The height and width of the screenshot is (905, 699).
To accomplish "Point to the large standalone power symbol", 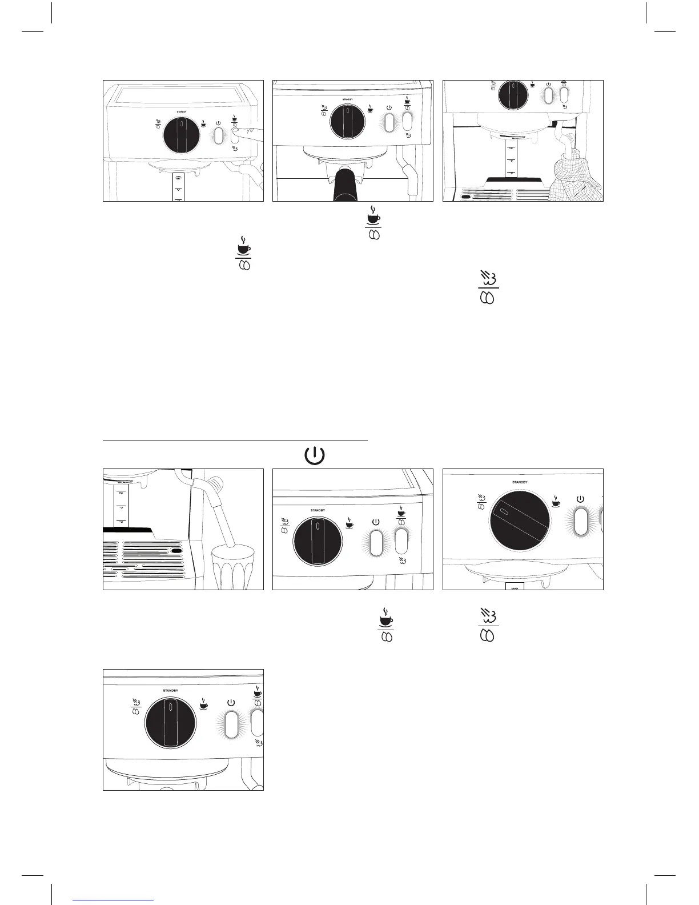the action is coord(315,456).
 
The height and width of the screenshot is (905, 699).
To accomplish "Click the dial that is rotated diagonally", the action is coord(519,524).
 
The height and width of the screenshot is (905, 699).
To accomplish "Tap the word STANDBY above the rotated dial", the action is coord(519,482).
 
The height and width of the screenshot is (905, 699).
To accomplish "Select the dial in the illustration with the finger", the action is coord(182,136).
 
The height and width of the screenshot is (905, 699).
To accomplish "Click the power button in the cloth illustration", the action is coord(548,95).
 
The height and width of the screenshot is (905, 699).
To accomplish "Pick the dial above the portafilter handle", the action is coord(347,121).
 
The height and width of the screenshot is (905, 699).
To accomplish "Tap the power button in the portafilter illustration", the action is coord(389,122).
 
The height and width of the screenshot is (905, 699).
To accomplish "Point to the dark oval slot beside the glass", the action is coord(176,551).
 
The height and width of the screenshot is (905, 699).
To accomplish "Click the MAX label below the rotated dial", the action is coord(515,587).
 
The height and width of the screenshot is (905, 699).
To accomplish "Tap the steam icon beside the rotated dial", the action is coord(481,502).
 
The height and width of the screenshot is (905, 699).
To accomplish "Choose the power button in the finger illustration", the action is coord(218,135).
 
